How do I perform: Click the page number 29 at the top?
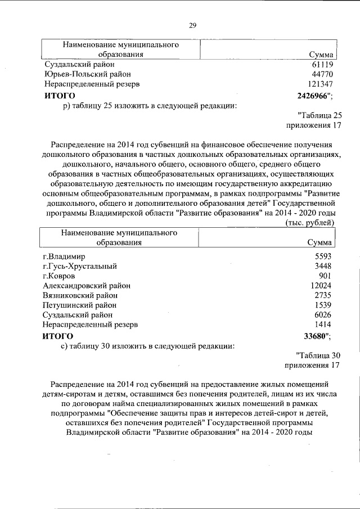[192, 25]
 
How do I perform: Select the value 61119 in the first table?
[323, 64]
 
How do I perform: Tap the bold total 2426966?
[314, 95]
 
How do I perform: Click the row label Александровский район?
[87, 286]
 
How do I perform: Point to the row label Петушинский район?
[80, 305]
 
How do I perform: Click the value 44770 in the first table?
[323, 74]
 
